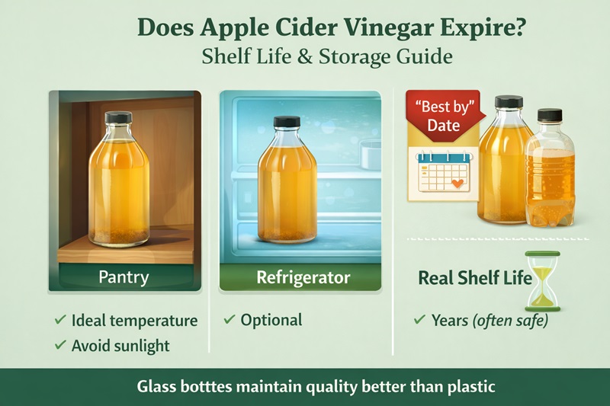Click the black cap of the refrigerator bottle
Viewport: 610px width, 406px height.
pyautogui.click(x=287, y=122)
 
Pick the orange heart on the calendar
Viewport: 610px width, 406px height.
pyautogui.click(x=456, y=184)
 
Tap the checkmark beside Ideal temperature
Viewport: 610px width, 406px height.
pyautogui.click(x=59, y=321)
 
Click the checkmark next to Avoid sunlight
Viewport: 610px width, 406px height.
pyautogui.click(x=59, y=346)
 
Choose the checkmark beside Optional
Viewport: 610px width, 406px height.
pyautogui.click(x=229, y=320)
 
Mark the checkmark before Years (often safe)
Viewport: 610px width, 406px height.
pyautogui.click(x=418, y=321)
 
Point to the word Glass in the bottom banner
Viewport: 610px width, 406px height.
pyautogui.click(x=157, y=386)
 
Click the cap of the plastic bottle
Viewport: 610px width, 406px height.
pyautogui.click(x=549, y=116)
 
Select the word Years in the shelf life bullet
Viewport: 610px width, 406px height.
pyautogui.click(x=449, y=321)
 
